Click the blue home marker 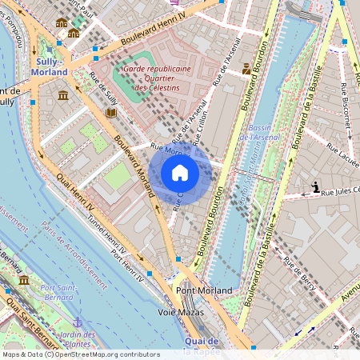180,173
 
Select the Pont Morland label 204,290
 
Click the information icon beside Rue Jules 316,188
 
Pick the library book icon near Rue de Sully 110,113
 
